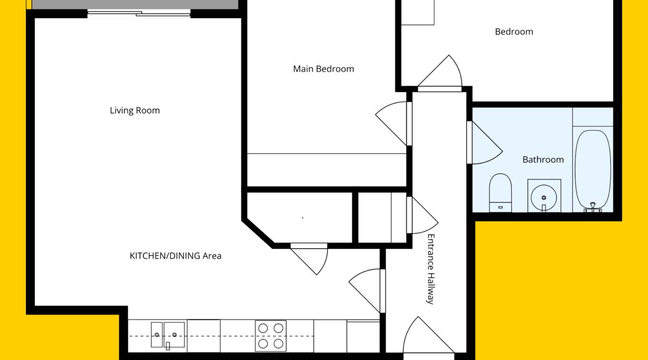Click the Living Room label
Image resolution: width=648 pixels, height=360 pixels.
pos(135,110)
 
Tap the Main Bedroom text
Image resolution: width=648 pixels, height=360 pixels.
pos(323,69)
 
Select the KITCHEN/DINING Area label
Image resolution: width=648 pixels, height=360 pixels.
pos(176,256)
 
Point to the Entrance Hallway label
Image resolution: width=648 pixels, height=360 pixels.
pos(431,269)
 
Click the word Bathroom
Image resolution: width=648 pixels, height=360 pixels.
pos(543,160)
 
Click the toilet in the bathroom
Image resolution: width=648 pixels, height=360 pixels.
pos(500,193)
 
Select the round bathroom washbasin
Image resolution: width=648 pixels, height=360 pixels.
pos(544,197)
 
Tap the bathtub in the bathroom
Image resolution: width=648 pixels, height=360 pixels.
pos(593,169)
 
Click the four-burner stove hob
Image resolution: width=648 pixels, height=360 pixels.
pos(271,336)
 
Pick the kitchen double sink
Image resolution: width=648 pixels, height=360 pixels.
pos(168,335)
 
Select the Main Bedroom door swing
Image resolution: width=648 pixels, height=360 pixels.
pos(392,124)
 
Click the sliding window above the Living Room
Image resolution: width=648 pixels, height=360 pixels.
pos(139,14)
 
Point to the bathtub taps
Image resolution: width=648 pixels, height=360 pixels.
pos(593,208)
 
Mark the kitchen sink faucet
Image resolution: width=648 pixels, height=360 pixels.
pos(168,346)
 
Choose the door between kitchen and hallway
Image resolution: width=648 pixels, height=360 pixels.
pos(366,291)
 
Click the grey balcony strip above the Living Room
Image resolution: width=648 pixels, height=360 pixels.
pos(136,4)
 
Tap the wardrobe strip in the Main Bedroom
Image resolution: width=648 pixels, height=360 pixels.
pos(327,170)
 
